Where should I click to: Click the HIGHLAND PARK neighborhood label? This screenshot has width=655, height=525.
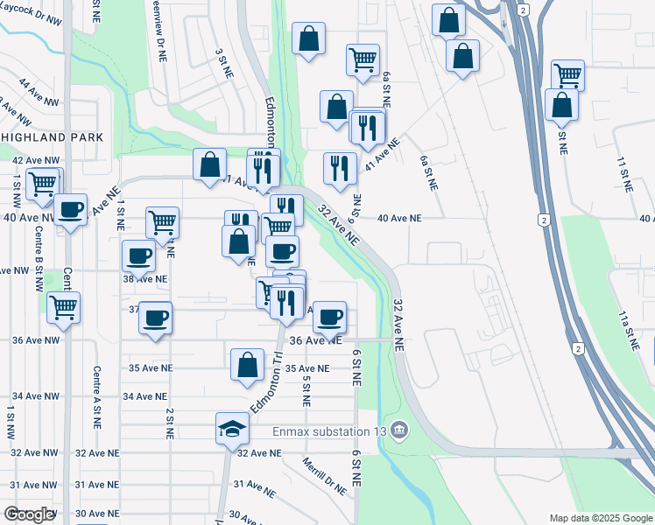point(52,137)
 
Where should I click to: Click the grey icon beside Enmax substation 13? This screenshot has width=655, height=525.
point(399,430)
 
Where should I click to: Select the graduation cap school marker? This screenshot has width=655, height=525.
point(232,429)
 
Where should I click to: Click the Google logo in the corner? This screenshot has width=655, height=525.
point(29,514)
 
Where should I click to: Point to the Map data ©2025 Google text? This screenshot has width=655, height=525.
point(600,517)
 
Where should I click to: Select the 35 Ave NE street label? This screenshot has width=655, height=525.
point(307,369)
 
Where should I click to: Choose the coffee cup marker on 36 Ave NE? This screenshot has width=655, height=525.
point(329,317)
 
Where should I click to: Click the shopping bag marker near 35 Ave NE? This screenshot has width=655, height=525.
point(248,364)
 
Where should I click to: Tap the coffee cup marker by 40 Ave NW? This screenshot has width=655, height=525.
point(71,209)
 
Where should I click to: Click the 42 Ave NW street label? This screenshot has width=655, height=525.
point(35,161)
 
